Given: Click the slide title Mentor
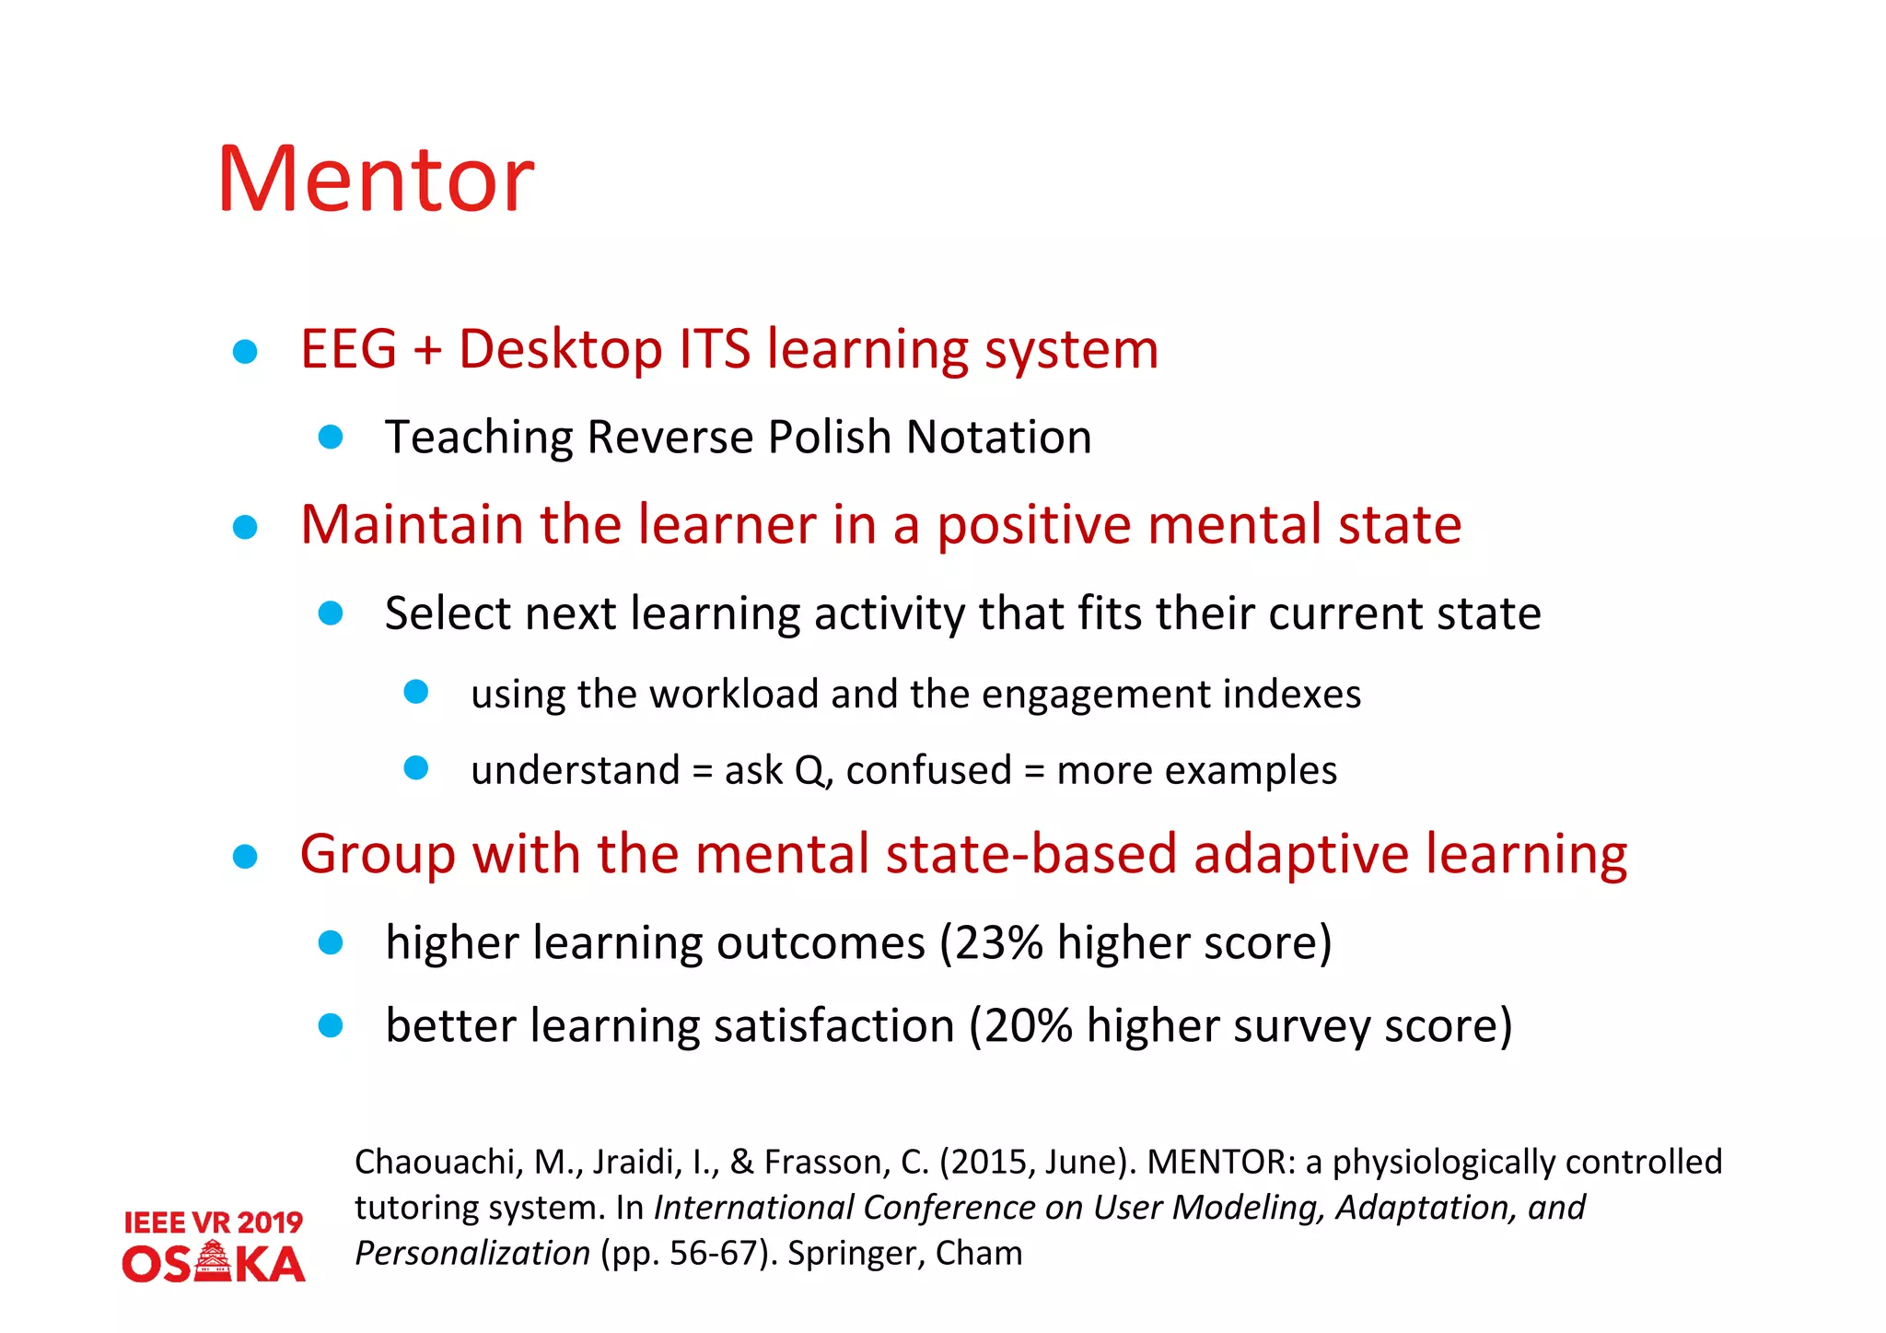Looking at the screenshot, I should pyautogui.click(x=375, y=180).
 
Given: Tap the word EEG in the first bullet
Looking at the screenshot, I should pyautogui.click(x=348, y=350).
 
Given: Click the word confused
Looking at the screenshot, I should pyautogui.click(x=928, y=770).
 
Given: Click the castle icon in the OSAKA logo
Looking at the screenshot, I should pyautogui.click(x=214, y=1261).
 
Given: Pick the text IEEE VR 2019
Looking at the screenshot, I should pyautogui.click(x=213, y=1222).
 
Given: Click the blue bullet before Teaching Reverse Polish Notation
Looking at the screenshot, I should pyautogui.click(x=331, y=437).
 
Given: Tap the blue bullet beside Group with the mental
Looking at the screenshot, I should pyautogui.click(x=245, y=857).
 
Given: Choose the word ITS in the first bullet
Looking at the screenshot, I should pyautogui.click(x=714, y=350).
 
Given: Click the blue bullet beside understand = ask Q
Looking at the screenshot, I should pyautogui.click(x=416, y=768).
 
